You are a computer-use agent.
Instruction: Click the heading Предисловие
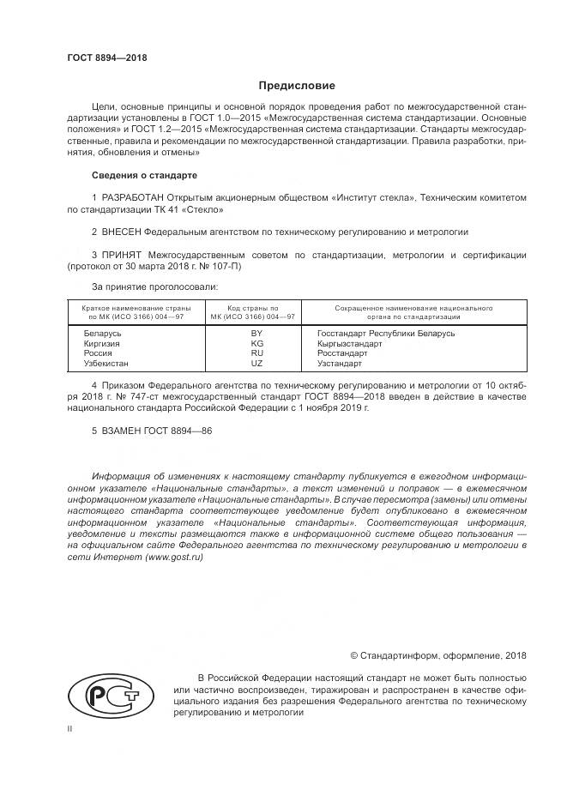(298, 86)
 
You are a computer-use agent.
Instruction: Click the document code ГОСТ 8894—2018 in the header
(107, 57)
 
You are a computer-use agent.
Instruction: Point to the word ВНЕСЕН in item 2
(121, 232)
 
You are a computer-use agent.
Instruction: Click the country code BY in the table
(256, 333)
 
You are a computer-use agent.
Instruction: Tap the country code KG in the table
(256, 343)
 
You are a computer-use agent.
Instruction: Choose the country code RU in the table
(256, 353)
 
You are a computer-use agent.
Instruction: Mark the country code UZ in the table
(256, 363)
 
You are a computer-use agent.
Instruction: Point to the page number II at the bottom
(70, 729)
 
